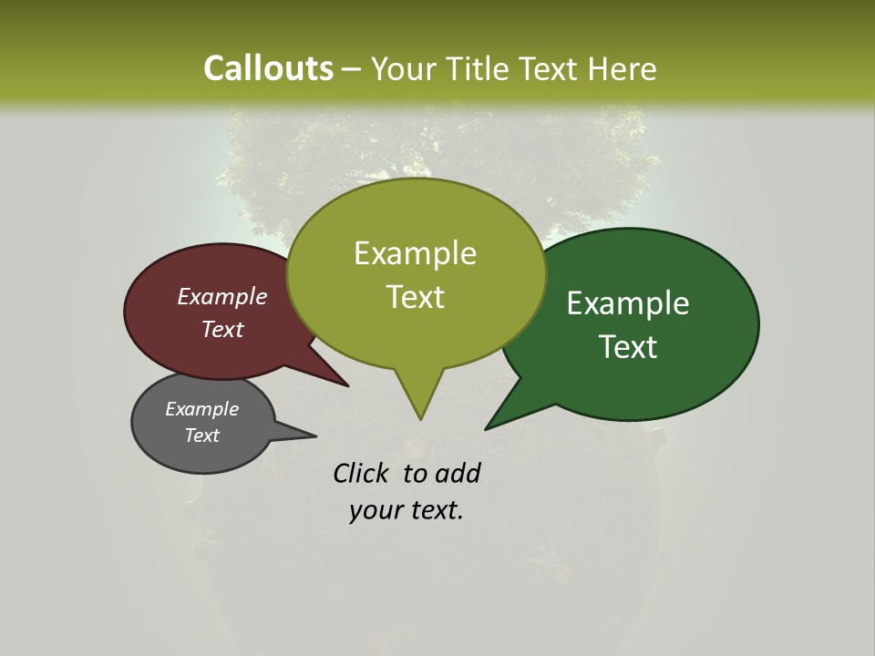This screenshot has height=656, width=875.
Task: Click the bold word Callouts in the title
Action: click(268, 68)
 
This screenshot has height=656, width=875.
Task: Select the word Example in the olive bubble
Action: click(415, 253)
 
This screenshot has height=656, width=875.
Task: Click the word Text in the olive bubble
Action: click(415, 297)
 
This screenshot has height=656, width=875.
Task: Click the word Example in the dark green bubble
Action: click(628, 303)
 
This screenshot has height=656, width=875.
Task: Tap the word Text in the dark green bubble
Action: click(628, 347)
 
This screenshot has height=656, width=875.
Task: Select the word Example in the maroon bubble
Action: click(222, 296)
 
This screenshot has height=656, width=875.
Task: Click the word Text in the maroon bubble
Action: click(222, 329)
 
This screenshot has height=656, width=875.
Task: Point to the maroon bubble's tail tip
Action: click(347, 385)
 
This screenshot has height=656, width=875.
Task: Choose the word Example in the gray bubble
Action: click(201, 409)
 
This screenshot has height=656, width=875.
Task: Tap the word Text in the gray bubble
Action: click(201, 436)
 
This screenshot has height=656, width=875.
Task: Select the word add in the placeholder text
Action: click(458, 473)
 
